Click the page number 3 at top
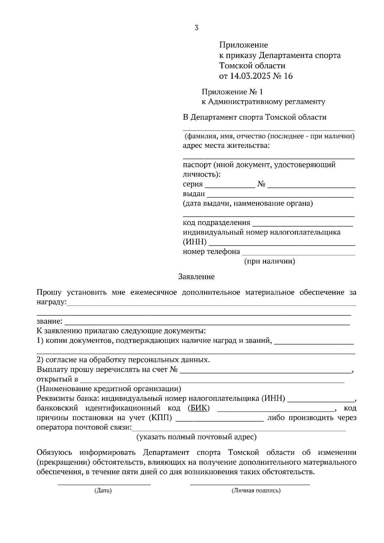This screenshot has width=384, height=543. pos(196,28)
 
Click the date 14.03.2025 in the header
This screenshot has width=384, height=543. pos(248,76)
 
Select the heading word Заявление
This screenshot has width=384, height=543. pos(196,277)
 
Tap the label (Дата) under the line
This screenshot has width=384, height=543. pos(103,491)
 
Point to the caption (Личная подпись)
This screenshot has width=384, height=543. pos(256,491)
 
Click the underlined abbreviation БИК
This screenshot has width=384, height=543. pos(199,408)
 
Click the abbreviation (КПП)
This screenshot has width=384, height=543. pos(160,418)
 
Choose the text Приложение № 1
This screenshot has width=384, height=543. pos(232,92)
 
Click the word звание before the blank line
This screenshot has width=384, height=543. pos(49,321)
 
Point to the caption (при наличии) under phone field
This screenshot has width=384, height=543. pos(269,261)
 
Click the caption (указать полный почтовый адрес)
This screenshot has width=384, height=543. pos(196,437)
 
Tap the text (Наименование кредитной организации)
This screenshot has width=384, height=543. pos(109,389)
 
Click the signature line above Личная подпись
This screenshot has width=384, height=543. pos(250,484)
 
